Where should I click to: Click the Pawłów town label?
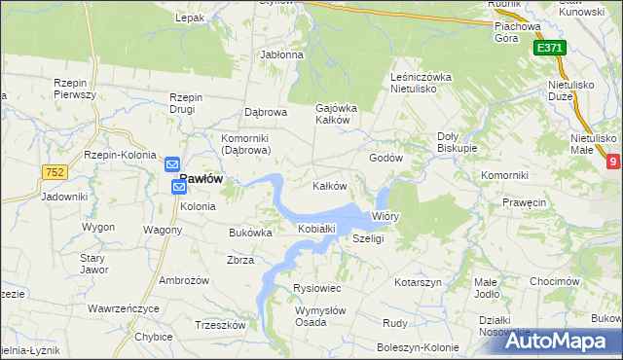coord(202,179)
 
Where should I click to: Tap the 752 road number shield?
coord(54,172)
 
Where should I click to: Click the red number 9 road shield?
coord(613,162)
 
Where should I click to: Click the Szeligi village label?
coord(368,238)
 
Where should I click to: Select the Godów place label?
coord(385,158)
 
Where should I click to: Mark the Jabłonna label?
coord(281,54)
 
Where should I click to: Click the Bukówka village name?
coord(250,234)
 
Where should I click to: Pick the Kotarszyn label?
coord(419,282)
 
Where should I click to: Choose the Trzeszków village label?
coord(219,325)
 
